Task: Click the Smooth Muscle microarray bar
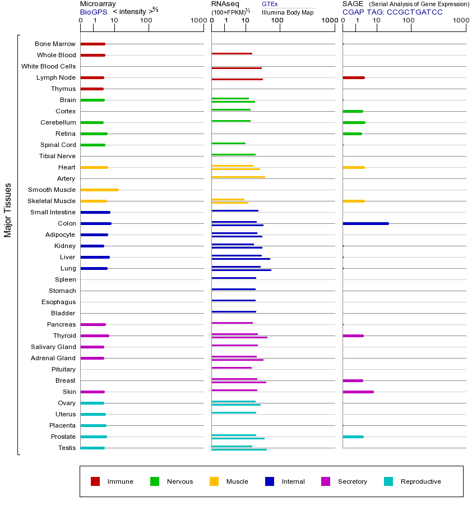coord(99,190)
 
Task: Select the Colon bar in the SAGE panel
coord(365,223)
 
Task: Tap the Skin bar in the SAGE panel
coord(358,392)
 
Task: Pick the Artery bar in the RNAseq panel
coord(238,177)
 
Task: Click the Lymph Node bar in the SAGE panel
coord(354,77)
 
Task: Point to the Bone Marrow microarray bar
coord(92,44)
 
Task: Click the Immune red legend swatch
coord(95,481)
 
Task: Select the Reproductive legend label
coord(420,481)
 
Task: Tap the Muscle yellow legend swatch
coord(214,481)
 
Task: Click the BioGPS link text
coord(91,12)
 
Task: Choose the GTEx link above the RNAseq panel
coord(270,4)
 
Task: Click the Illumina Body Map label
coord(288,12)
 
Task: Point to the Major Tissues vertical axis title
coord(8,210)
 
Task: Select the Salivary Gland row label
coord(53,347)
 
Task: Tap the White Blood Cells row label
coord(48,66)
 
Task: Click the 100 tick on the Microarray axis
coord(146,21)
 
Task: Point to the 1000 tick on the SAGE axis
coord(460,21)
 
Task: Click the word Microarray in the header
coord(98,4)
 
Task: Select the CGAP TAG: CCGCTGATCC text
coord(392,12)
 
